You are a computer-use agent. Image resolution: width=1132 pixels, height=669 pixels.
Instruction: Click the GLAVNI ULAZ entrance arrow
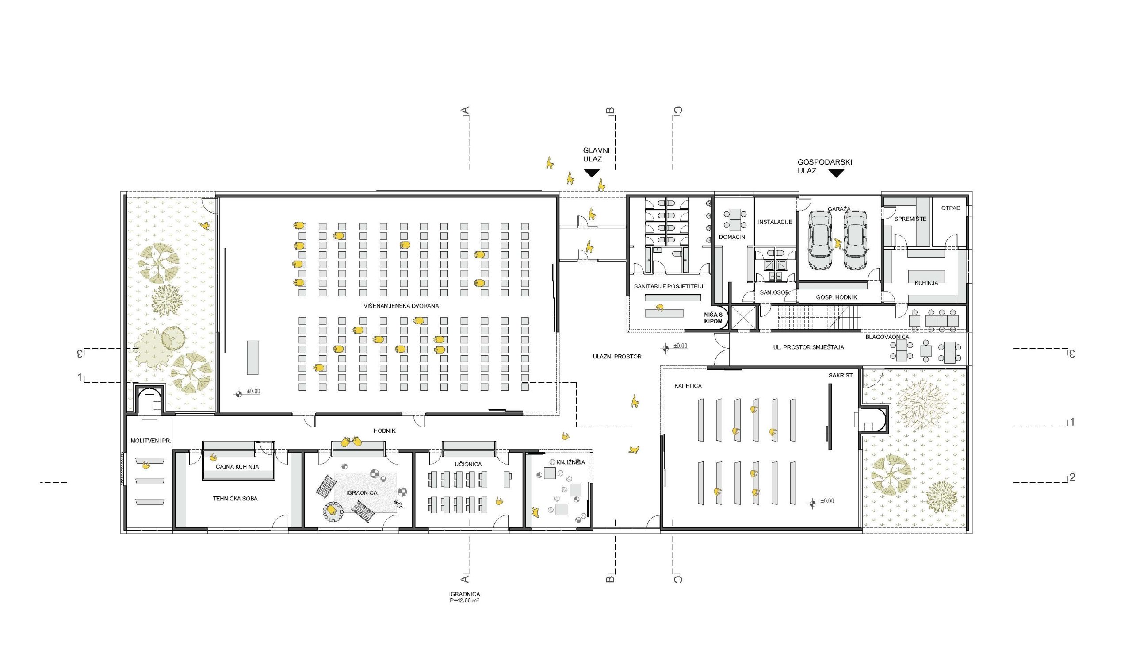[592, 173]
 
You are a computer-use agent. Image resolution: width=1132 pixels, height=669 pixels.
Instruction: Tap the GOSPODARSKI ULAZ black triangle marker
[837, 173]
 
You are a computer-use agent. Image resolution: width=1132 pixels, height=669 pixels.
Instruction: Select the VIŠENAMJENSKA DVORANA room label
[401, 306]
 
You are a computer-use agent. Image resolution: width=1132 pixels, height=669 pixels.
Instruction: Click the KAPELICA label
[688, 386]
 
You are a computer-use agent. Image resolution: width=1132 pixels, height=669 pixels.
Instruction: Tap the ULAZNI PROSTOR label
[617, 356]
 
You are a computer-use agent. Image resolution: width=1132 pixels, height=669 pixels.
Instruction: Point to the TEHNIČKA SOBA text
[235, 499]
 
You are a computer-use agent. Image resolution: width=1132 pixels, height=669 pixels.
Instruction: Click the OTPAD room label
[950, 208]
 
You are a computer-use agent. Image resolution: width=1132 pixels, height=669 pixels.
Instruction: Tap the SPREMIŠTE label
[910, 219]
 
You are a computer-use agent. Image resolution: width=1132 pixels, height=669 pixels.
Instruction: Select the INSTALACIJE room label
[775, 222]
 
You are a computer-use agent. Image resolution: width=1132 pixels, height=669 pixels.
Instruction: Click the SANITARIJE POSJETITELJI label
[669, 286]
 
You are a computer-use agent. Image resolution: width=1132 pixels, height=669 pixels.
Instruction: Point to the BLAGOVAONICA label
[887, 337]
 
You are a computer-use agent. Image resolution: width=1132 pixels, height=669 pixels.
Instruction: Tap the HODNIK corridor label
[384, 431]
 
